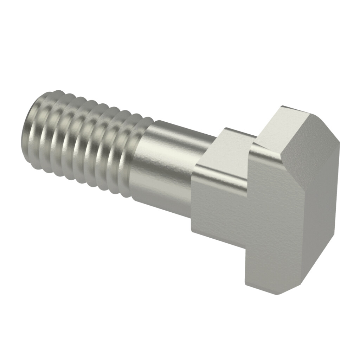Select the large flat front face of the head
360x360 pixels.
(x=274, y=225)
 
